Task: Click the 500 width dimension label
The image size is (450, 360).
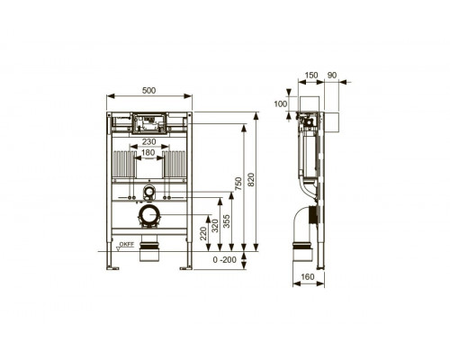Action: pyautogui.click(x=148, y=90)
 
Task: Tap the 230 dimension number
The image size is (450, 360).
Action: pyautogui.click(x=148, y=141)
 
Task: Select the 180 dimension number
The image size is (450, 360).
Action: pyautogui.click(x=148, y=152)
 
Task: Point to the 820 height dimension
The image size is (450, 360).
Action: pyautogui.click(x=251, y=179)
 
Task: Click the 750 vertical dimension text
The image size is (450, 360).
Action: pyautogui.click(x=238, y=184)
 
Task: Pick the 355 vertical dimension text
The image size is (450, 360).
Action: pyautogui.click(x=227, y=221)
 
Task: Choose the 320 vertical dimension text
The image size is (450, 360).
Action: pyautogui.click(x=215, y=226)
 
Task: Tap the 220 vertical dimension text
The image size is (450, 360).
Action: pyautogui.click(x=203, y=233)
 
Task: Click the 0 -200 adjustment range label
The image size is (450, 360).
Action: pyautogui.click(x=225, y=260)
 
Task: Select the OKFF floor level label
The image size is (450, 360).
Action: pyautogui.click(x=127, y=244)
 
